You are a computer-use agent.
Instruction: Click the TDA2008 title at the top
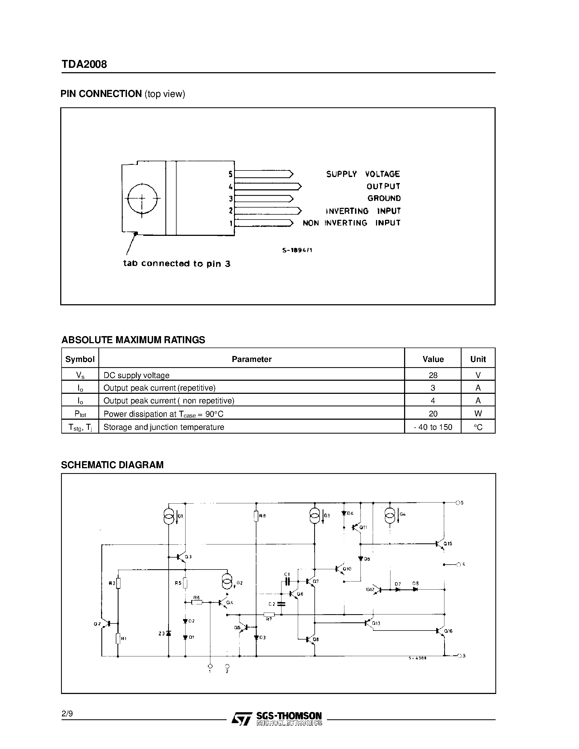coord(84,64)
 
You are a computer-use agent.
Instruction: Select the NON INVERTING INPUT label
coord(351,223)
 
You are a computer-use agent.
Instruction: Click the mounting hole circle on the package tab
coord(142,198)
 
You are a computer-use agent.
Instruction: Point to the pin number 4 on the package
coord(231,187)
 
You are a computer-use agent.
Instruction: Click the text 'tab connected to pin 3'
coord(177,263)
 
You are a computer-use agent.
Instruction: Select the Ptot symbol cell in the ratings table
coord(80,414)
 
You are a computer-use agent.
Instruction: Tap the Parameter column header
coord(251,359)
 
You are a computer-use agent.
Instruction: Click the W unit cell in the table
coord(478,414)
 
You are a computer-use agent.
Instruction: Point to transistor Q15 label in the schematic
coord(448,544)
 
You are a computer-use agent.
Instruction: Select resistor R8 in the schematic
coord(256,516)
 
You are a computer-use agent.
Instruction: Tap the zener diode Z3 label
coord(161,634)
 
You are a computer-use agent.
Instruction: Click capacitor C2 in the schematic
coord(281,604)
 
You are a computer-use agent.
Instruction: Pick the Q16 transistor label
coord(448,631)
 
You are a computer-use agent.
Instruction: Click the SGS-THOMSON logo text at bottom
coord(289,716)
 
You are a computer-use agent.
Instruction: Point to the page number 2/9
coord(67,714)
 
